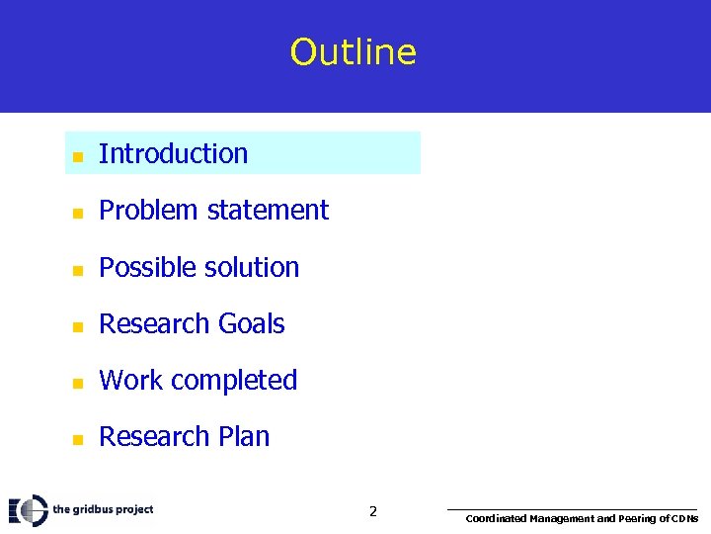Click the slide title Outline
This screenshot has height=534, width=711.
(354, 51)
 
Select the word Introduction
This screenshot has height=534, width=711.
(173, 153)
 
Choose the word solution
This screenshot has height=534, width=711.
(251, 267)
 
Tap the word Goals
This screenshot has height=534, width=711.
(251, 323)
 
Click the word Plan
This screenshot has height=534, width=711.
(243, 436)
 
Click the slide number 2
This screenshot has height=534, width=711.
(372, 511)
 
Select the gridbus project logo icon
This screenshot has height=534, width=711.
(29, 509)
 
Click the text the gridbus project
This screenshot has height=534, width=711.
(103, 509)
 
